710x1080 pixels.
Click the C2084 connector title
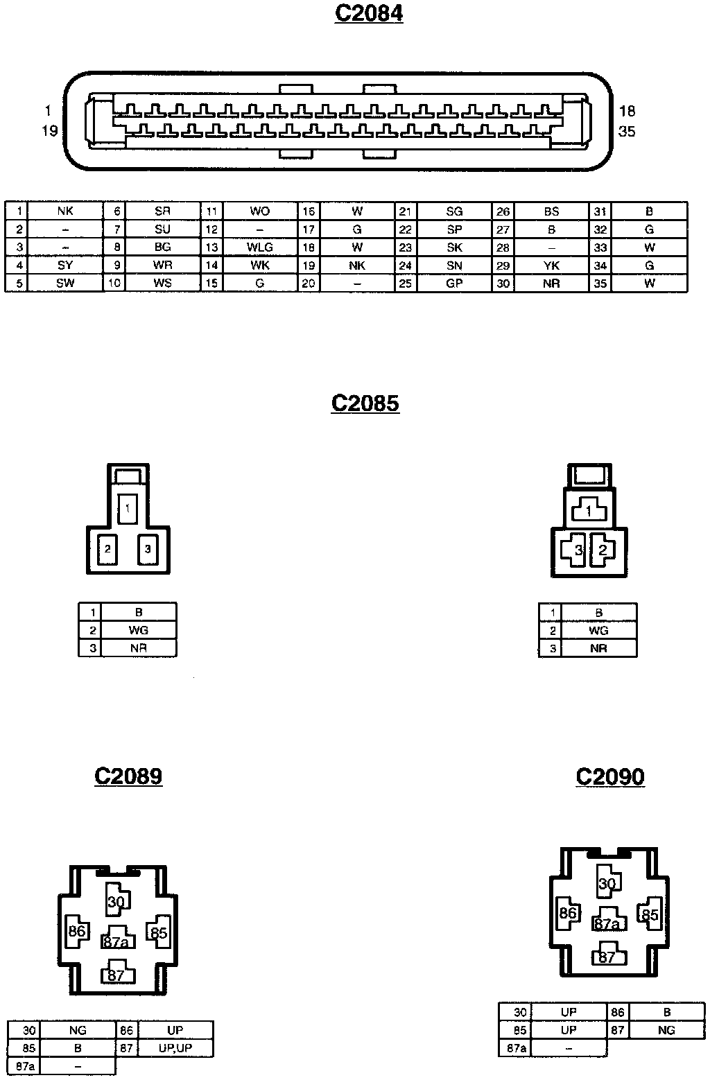pos(368,13)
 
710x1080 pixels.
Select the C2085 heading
pos(365,403)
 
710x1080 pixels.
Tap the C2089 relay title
pos(128,775)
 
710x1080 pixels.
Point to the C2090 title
pos(610,776)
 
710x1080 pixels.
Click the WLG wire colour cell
pos(260,247)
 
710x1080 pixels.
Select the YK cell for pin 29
pos(551,265)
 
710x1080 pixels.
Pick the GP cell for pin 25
pos(454,284)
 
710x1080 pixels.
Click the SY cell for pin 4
pos(65,265)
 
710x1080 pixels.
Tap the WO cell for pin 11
pos(260,211)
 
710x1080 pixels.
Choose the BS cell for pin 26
pos(551,211)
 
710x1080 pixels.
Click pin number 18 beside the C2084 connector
pos(627,111)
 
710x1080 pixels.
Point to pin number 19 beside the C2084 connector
pos(49,131)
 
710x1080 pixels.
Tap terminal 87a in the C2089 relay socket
pos(116,942)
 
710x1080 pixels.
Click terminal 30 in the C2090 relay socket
pos(607,884)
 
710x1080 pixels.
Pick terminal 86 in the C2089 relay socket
pos(76,931)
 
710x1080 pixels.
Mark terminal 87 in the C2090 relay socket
pos(607,958)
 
